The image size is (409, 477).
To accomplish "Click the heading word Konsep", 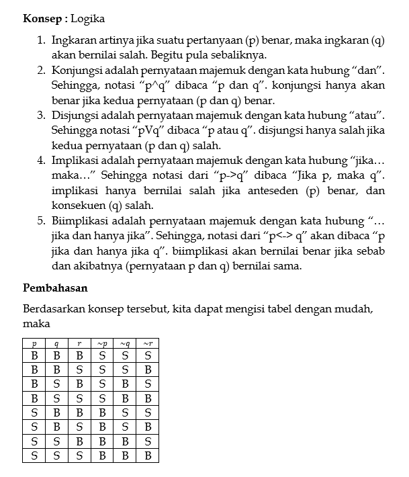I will (x=43, y=18).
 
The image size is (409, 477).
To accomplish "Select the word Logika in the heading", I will (x=90, y=18).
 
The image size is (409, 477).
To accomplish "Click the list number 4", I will (x=41, y=161).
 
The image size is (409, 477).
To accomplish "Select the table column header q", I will (x=56, y=343).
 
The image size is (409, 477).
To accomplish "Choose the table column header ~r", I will (x=148, y=343).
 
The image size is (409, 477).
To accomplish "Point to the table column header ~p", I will (x=102, y=343).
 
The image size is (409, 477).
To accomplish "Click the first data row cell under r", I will (x=79, y=355).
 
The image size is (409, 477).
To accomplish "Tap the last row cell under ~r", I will (x=148, y=456).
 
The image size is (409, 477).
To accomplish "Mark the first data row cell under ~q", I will (x=125, y=355).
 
